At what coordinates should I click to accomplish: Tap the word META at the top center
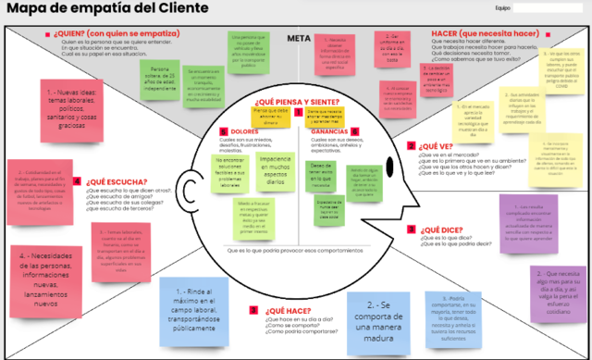click(x=298, y=39)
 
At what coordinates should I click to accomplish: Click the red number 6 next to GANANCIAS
click(x=355, y=131)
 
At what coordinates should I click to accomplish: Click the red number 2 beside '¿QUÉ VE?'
click(x=412, y=145)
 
